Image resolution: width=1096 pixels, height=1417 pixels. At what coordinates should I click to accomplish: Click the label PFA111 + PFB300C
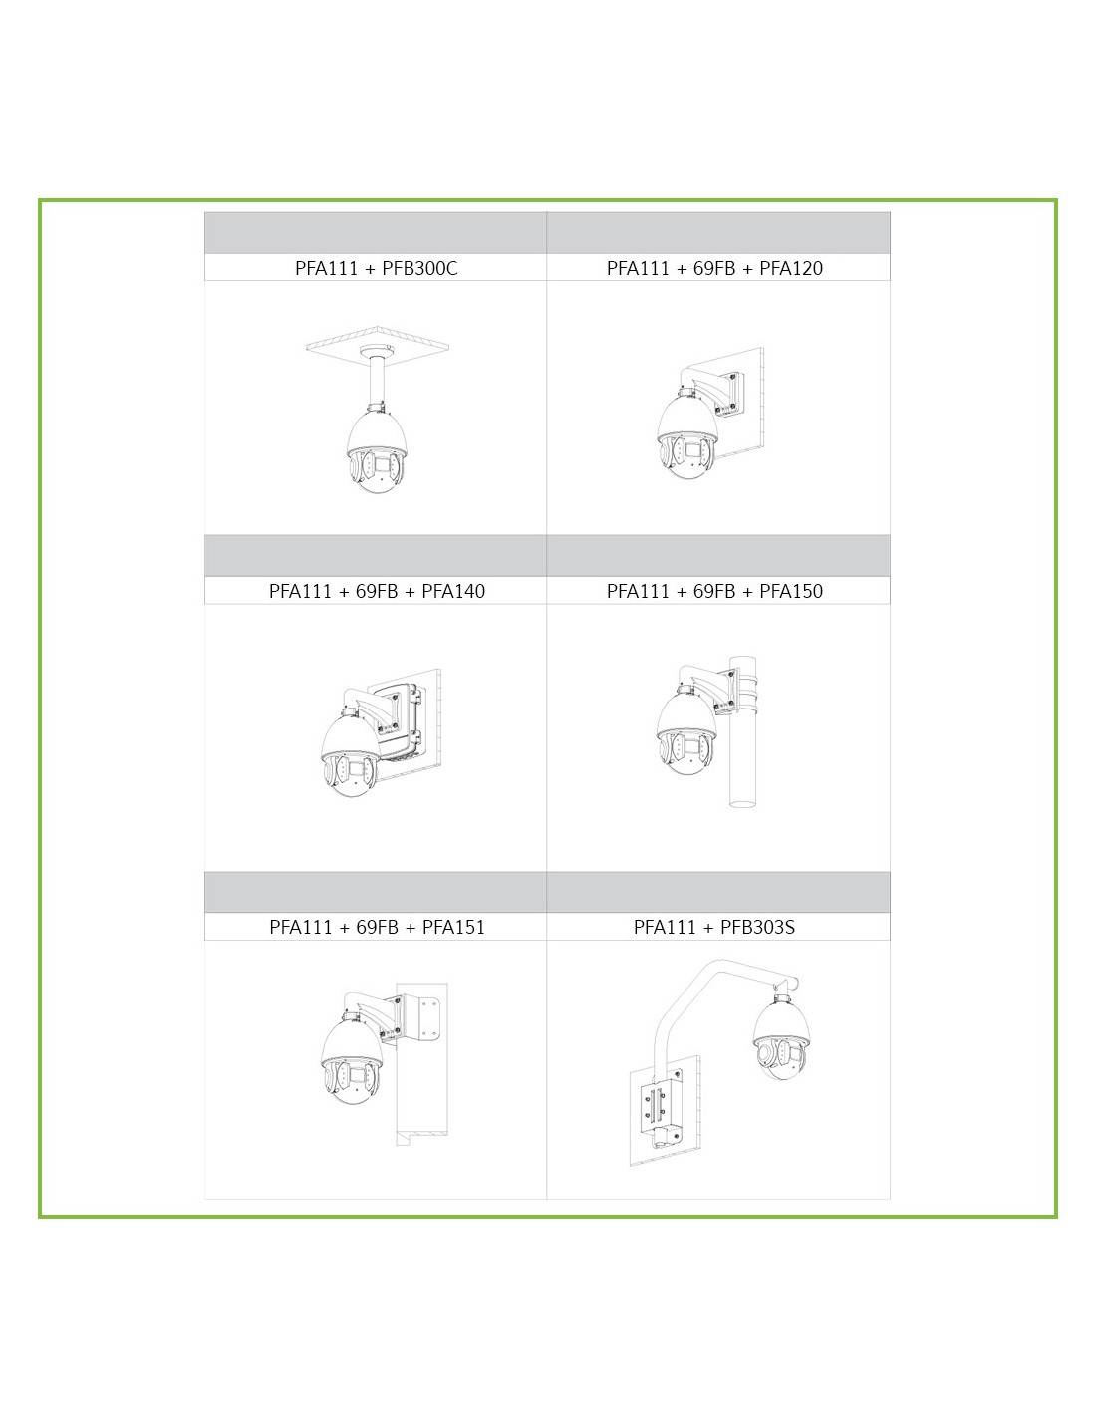[376, 268]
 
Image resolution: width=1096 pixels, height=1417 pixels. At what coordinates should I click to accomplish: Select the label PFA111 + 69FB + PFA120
[714, 268]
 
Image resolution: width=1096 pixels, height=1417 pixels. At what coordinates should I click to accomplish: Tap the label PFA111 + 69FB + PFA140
[377, 591]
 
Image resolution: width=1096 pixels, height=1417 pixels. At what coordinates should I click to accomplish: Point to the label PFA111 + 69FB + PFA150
[714, 591]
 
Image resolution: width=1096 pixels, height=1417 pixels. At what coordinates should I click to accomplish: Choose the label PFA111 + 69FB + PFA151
[377, 927]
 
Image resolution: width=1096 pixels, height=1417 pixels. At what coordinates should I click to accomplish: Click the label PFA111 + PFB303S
[714, 927]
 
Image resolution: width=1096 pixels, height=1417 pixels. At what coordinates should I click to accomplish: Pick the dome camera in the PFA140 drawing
[352, 755]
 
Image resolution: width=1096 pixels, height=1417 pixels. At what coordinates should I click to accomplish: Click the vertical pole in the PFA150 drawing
[742, 731]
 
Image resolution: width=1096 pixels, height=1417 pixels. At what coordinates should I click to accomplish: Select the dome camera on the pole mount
[686, 731]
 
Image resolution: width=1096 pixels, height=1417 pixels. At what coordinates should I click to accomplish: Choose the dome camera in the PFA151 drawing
[352, 1059]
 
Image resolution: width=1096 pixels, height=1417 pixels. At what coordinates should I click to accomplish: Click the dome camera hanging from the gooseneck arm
[782, 1040]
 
